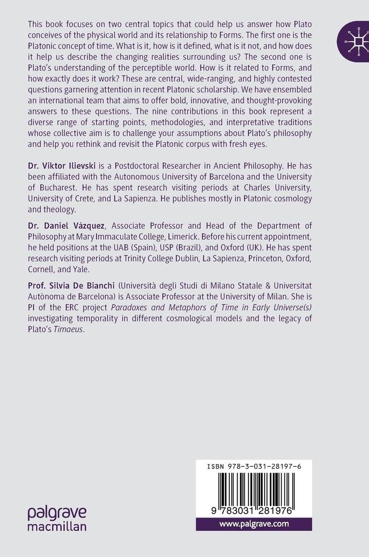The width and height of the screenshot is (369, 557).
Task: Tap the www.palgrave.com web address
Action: click(x=254, y=524)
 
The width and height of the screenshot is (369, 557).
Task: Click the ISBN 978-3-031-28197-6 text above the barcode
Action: click(x=254, y=467)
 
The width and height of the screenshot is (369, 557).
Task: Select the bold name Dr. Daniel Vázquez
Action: click(x=66, y=227)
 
